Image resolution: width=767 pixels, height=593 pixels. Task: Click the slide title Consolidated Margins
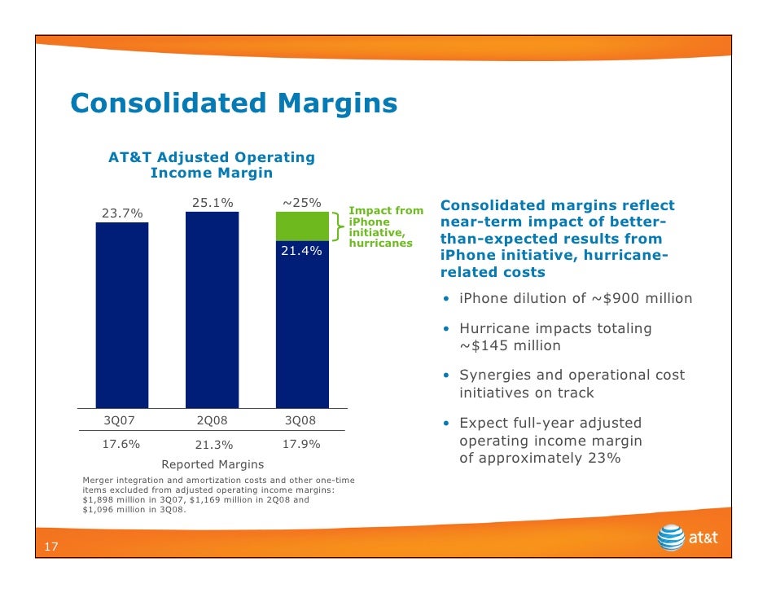point(234,103)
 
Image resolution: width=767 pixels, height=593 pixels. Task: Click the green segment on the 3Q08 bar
point(302,226)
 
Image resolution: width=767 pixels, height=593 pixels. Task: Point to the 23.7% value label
point(121,213)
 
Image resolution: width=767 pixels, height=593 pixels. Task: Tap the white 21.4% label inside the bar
point(301,251)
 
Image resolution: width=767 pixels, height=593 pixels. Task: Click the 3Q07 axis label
point(121,420)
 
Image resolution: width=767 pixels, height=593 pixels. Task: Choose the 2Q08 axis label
point(213,420)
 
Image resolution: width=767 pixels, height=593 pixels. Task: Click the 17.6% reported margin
point(121,445)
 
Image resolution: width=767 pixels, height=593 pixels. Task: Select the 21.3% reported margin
point(214,446)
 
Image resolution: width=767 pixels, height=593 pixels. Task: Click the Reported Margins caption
point(213,464)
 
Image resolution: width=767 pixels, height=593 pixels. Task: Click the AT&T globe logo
point(671,538)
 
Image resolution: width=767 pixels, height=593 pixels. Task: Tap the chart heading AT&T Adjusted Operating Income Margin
point(212,165)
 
